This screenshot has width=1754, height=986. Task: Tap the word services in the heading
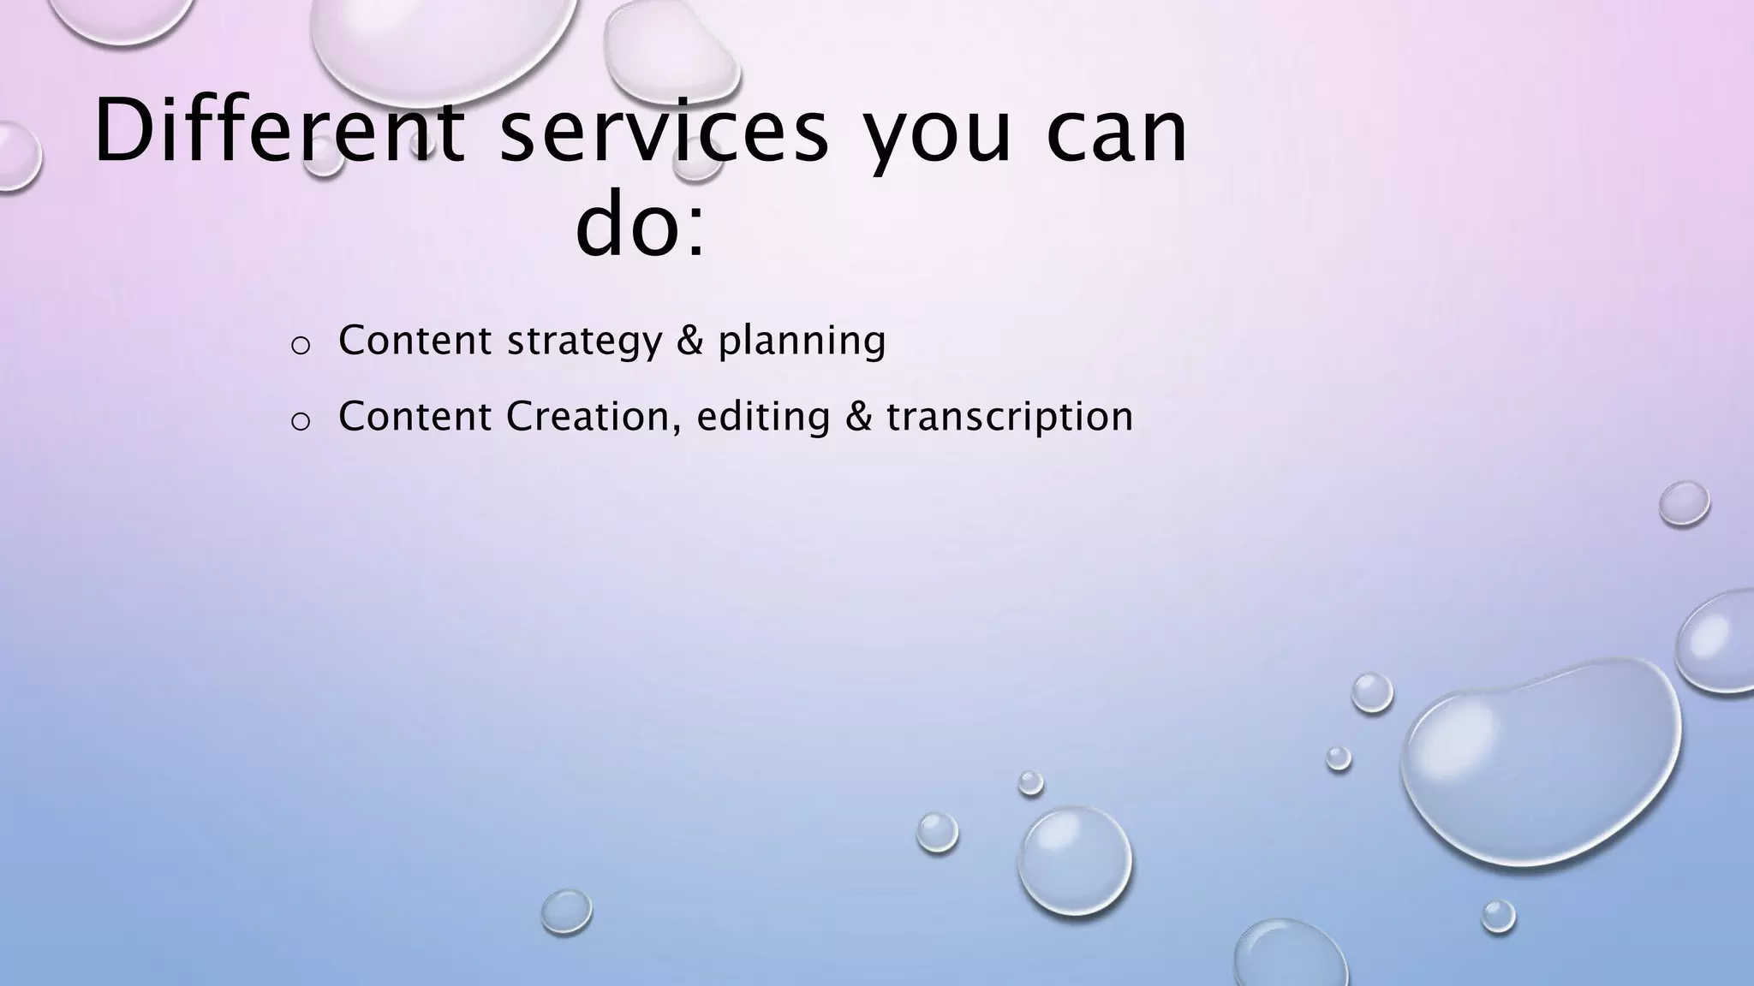(x=664, y=133)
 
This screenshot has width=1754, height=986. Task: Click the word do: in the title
(x=641, y=227)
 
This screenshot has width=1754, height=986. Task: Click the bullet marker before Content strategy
(x=300, y=345)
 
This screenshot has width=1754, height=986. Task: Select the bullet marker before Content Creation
(x=300, y=421)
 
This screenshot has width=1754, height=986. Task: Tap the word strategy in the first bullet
(x=585, y=342)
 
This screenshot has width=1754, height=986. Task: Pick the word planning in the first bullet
(x=802, y=342)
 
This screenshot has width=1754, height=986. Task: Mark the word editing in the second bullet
(x=763, y=418)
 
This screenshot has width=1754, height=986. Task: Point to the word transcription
(x=1010, y=418)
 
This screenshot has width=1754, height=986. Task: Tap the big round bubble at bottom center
(x=1075, y=860)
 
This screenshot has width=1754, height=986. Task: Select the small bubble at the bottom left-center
(x=566, y=911)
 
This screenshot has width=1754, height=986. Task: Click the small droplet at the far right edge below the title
(x=1684, y=503)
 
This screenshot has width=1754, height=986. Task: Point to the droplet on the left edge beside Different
(x=15, y=157)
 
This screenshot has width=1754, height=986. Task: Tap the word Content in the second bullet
(x=415, y=417)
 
